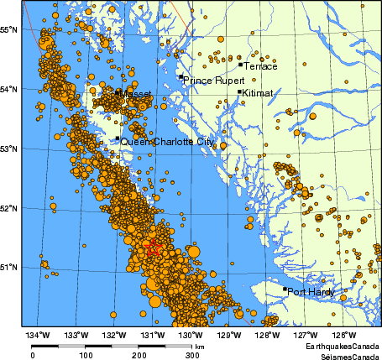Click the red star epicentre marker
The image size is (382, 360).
(x=152, y=248)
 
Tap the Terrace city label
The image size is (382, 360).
(x=259, y=66)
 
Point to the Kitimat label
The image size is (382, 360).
(x=259, y=95)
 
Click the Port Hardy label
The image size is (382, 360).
(x=311, y=293)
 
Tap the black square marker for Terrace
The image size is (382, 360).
(x=240, y=64)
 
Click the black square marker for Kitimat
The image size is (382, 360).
(x=240, y=92)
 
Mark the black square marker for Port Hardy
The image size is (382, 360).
(x=285, y=290)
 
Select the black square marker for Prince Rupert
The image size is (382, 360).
(x=181, y=77)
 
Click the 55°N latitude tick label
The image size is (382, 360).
(x=9, y=30)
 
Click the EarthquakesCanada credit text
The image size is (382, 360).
(x=342, y=346)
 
